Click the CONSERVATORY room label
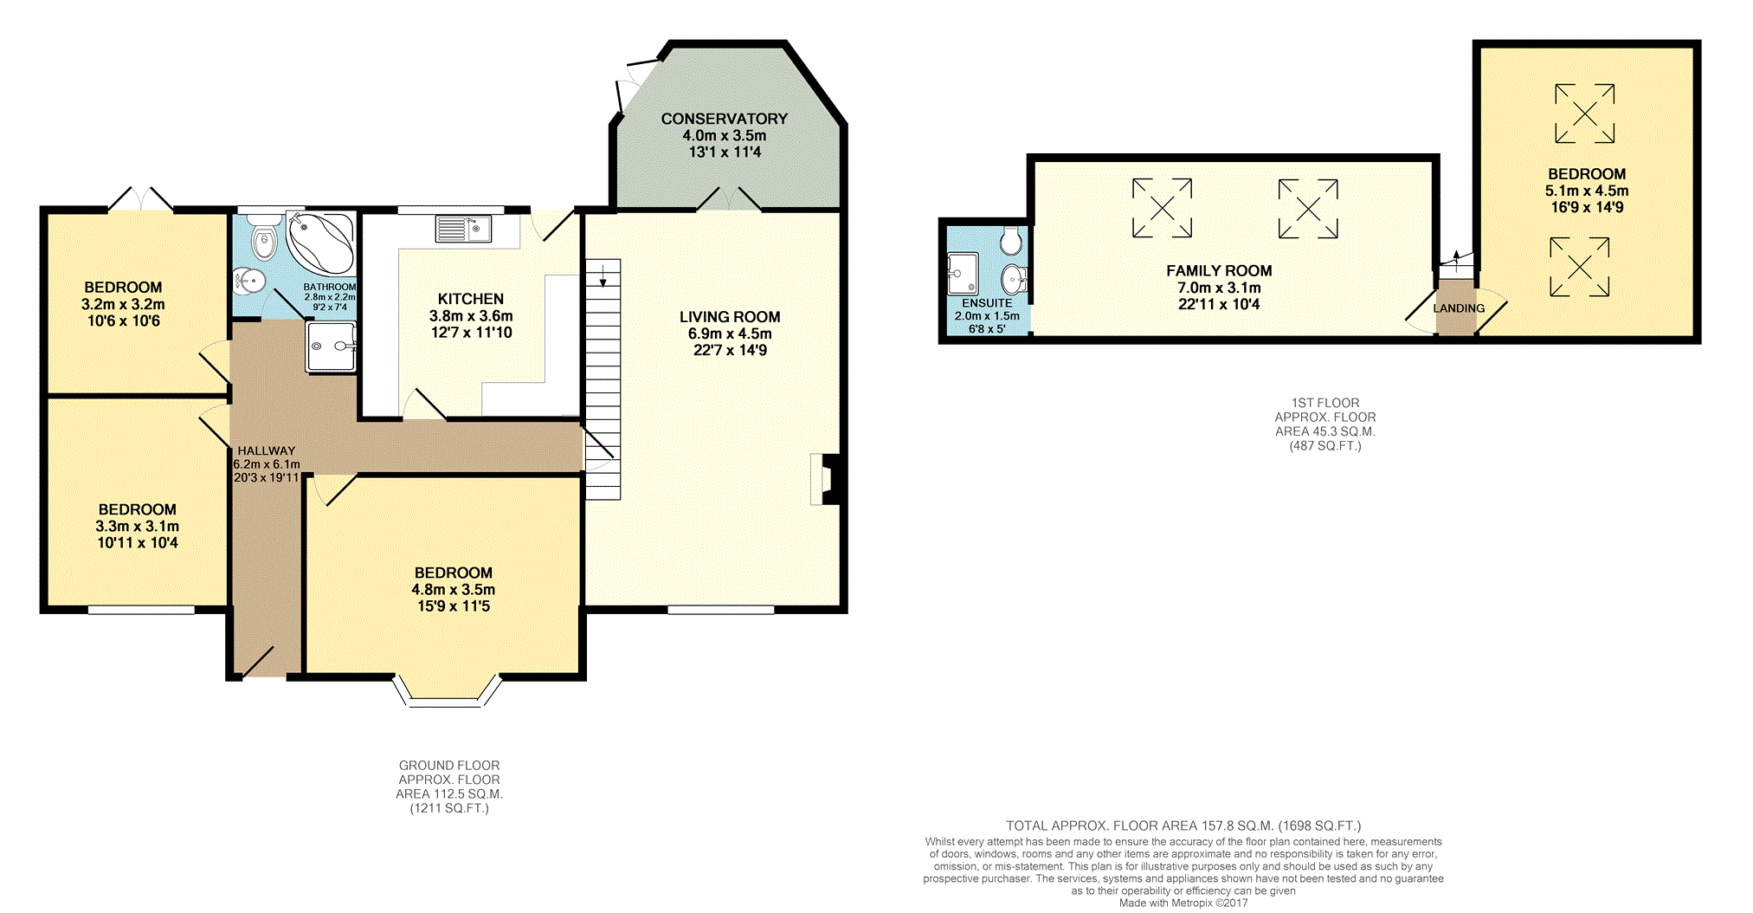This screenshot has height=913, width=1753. tap(725, 119)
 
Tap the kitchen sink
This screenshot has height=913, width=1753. tap(463, 229)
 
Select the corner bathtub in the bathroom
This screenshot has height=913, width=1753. tap(320, 243)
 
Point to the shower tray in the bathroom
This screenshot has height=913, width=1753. tap(331, 346)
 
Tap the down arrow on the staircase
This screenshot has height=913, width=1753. tap(603, 275)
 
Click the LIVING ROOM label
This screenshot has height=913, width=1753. tap(730, 317)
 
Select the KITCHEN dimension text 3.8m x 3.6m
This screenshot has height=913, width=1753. tap(471, 316)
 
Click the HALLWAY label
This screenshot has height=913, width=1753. tap(267, 450)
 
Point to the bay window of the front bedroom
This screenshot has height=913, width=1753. tap(447, 691)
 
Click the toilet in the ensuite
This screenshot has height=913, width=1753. tap(1010, 241)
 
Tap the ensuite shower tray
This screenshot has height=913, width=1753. tap(963, 274)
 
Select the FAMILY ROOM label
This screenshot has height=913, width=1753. tap(1219, 271)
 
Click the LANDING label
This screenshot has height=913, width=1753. tap(1459, 308)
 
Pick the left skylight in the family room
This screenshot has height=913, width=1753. tap(1162, 208)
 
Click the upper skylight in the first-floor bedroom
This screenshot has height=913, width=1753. tap(1585, 113)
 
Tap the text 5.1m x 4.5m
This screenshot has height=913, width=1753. tap(1587, 191)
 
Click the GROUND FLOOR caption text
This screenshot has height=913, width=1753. tap(449, 766)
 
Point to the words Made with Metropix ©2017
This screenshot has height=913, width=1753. tap(1183, 903)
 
